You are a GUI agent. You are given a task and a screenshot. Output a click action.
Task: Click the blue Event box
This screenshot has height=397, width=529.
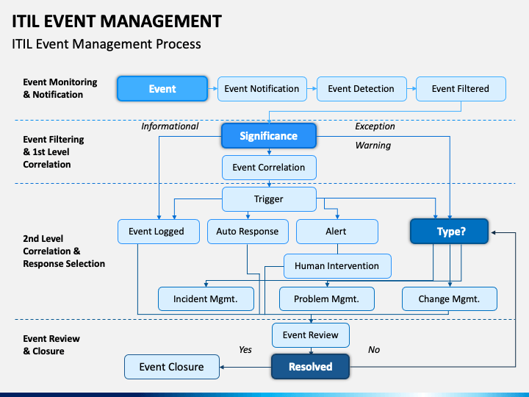click(162, 89)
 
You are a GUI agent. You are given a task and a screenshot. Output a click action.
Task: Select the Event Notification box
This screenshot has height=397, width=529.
click(262, 89)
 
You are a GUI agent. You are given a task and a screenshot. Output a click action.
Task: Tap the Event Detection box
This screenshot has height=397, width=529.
click(361, 89)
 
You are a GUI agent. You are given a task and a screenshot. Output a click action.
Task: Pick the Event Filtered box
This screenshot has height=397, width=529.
click(461, 89)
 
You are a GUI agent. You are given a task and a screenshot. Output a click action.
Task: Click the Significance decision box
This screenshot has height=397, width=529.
click(269, 136)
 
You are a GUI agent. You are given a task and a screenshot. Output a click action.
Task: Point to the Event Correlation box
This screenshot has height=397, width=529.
click(269, 168)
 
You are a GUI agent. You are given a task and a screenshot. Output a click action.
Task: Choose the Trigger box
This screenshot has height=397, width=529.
click(269, 199)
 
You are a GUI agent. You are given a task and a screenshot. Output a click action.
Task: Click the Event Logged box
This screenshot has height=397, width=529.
click(159, 232)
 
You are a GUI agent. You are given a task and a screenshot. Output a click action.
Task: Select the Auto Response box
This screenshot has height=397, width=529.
click(248, 232)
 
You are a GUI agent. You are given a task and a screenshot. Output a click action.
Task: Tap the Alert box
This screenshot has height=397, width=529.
click(337, 232)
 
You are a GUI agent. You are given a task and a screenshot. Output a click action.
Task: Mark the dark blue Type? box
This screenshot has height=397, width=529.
click(450, 232)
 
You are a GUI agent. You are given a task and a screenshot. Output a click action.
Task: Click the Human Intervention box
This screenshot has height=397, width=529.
click(337, 266)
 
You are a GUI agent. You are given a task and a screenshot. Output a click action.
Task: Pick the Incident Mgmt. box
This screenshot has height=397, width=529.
click(206, 298)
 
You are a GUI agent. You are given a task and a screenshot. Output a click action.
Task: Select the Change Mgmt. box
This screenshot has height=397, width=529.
click(450, 298)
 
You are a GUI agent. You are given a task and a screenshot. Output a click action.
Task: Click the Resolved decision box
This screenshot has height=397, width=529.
click(310, 367)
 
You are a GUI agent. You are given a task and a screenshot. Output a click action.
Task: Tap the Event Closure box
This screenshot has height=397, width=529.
click(172, 367)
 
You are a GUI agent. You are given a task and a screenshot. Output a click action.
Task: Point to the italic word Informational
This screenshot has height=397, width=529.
click(170, 126)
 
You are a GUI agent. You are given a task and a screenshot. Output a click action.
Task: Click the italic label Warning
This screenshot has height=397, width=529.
click(373, 146)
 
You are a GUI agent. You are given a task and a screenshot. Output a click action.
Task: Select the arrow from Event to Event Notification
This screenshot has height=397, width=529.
click(212, 89)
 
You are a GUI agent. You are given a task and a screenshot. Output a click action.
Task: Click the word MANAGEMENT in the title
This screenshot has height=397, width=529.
click(161, 21)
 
